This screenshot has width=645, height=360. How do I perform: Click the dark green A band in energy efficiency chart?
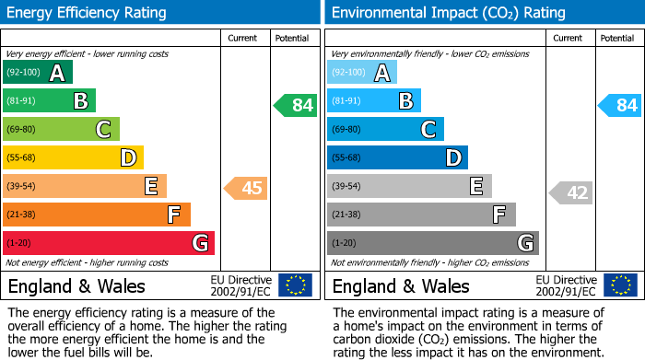pos(37,73)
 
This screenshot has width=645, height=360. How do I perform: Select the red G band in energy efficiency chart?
pos(109,243)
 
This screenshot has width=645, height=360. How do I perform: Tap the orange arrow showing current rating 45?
pos(246,189)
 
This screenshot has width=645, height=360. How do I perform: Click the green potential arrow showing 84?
pos(296,105)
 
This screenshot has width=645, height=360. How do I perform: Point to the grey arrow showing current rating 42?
pos(571,192)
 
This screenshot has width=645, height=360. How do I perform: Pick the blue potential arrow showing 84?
pos(620,105)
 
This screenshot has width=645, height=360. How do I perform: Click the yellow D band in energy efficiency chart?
pos(73,158)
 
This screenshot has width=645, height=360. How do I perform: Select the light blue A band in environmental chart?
pos(361,73)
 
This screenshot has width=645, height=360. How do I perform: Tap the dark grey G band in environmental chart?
pos(432,243)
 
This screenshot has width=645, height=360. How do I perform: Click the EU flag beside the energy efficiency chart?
pos(295,285)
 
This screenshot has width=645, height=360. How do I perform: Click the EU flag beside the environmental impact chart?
pos(620,285)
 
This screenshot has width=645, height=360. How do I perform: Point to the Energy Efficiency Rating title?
pos(88,13)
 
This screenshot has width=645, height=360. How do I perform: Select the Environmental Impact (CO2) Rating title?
pos(448,13)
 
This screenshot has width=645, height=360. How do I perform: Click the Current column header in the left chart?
pos(244,38)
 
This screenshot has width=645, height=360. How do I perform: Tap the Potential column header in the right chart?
pos(617,38)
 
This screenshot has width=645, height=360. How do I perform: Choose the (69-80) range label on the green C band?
pos(22,130)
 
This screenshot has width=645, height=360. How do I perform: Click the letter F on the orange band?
pos(173,215)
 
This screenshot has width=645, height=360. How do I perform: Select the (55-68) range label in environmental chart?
pos(347,158)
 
